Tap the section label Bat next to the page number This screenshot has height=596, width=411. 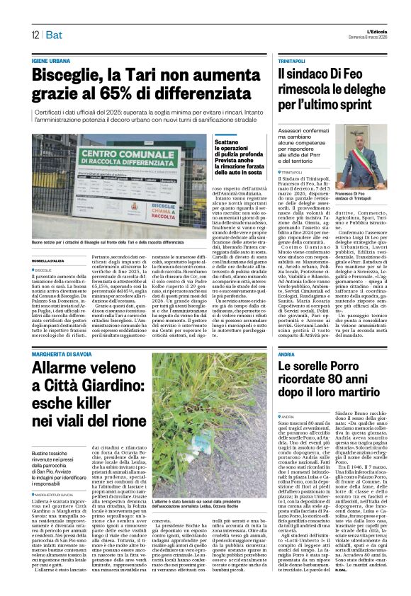click(x=54, y=35)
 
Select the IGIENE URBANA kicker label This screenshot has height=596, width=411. click(x=52, y=62)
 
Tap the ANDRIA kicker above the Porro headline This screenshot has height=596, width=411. click(x=286, y=334)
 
